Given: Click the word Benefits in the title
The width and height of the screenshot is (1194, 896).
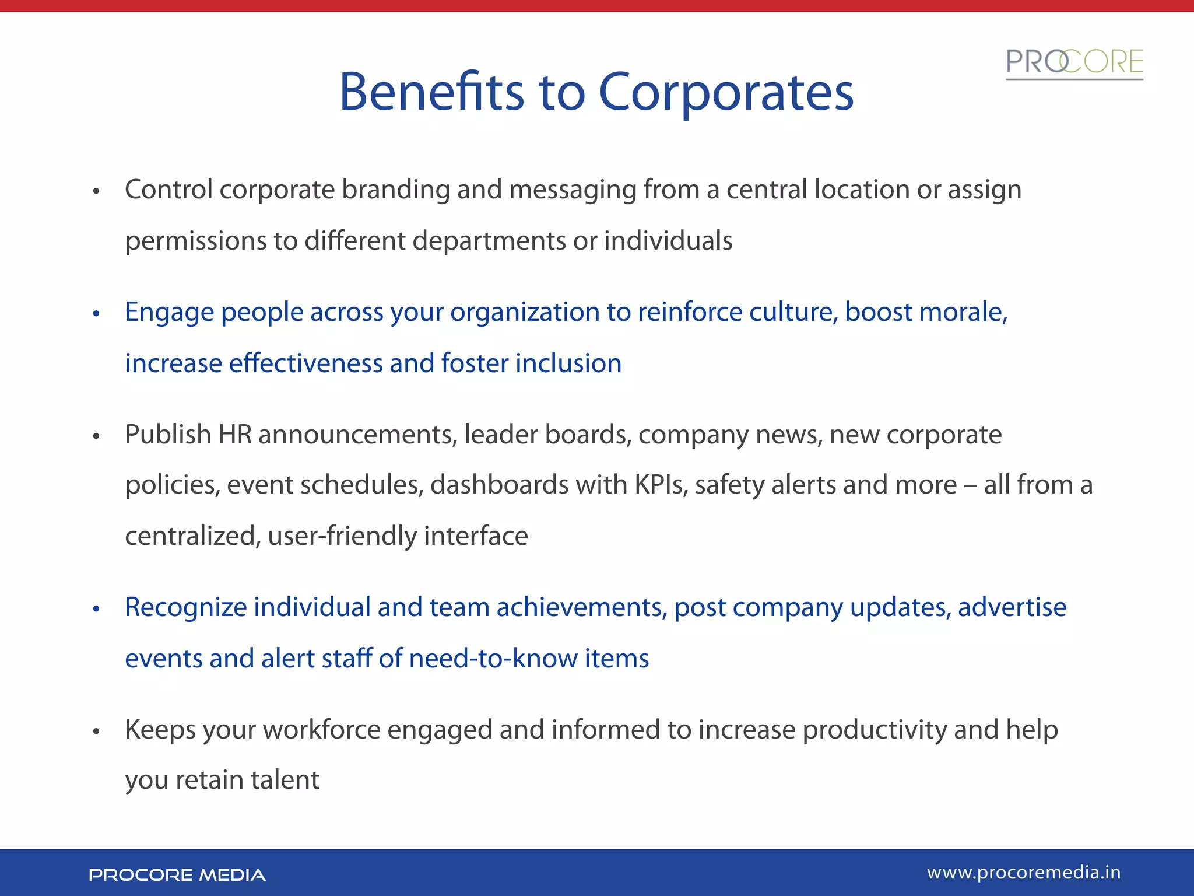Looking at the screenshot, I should [431, 92].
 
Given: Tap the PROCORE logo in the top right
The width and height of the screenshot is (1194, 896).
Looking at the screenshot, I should [1074, 63].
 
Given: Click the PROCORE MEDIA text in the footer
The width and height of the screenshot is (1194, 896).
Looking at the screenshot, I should [177, 875].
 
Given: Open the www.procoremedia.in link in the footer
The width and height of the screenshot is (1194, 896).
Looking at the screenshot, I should [1023, 873].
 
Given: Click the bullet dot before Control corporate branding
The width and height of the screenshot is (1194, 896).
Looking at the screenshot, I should [97, 191].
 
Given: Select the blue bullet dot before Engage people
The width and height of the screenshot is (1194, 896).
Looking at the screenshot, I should [97, 314].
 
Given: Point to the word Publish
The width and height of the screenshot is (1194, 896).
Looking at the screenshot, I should [168, 435].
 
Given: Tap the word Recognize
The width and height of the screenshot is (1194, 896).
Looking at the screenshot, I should [186, 607].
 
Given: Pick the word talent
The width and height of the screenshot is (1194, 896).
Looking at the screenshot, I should [285, 780].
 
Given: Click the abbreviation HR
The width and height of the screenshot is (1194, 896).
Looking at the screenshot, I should [235, 435].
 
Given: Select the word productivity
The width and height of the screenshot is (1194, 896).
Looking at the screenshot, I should [875, 730].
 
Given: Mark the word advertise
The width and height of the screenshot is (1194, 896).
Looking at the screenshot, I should [1012, 607].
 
